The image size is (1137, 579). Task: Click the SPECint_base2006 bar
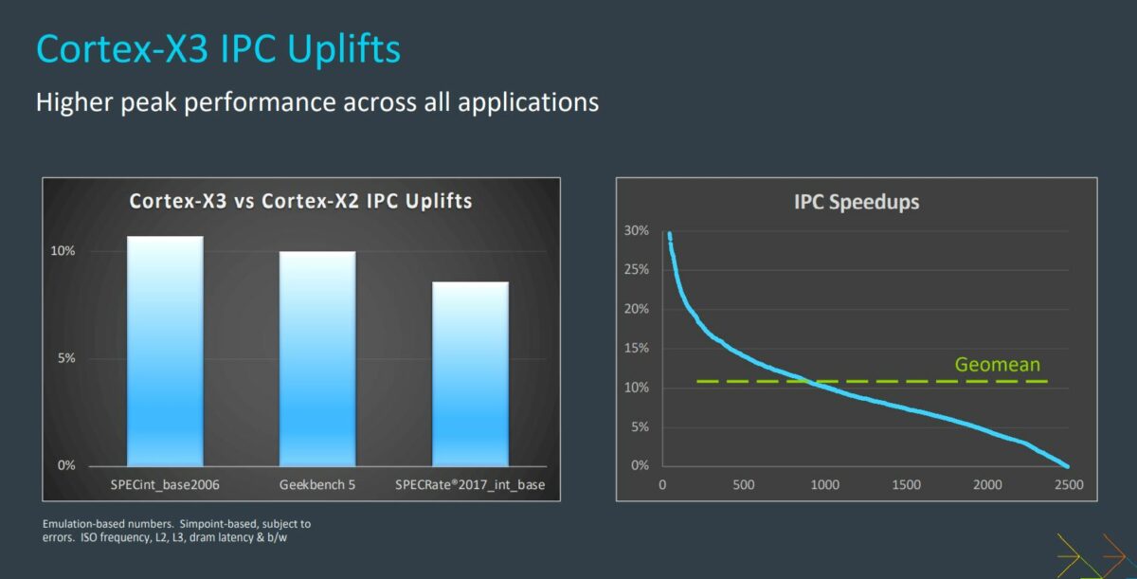(165, 351)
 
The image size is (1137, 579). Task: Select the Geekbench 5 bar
(317, 358)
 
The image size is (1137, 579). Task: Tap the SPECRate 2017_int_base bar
(470, 373)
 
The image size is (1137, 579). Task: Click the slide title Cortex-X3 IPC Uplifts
(218, 49)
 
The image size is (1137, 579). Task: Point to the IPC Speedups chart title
(857, 202)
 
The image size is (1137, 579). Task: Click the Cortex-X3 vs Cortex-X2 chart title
(300, 201)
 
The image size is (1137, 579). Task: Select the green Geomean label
(997, 365)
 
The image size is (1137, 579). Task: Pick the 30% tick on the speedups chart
(636, 231)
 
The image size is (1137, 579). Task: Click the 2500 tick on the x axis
(1068, 485)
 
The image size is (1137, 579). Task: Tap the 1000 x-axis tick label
(825, 485)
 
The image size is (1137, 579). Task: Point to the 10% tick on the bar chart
(63, 251)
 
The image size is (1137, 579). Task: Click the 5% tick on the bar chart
(67, 358)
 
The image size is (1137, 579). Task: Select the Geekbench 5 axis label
(317, 485)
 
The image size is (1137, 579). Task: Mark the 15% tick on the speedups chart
(636, 349)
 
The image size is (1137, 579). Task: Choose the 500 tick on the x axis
(744, 485)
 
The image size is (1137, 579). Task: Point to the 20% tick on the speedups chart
(636, 310)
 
